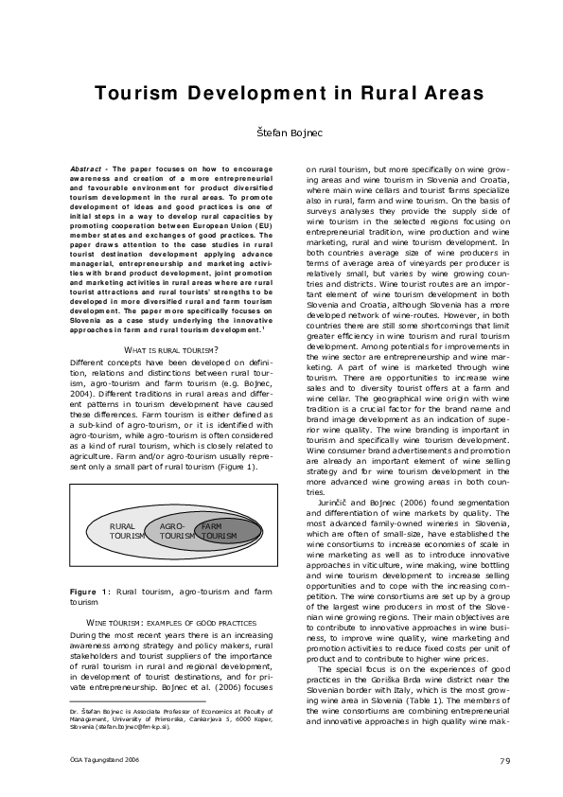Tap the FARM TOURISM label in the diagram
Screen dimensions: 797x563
[x=220, y=530]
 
